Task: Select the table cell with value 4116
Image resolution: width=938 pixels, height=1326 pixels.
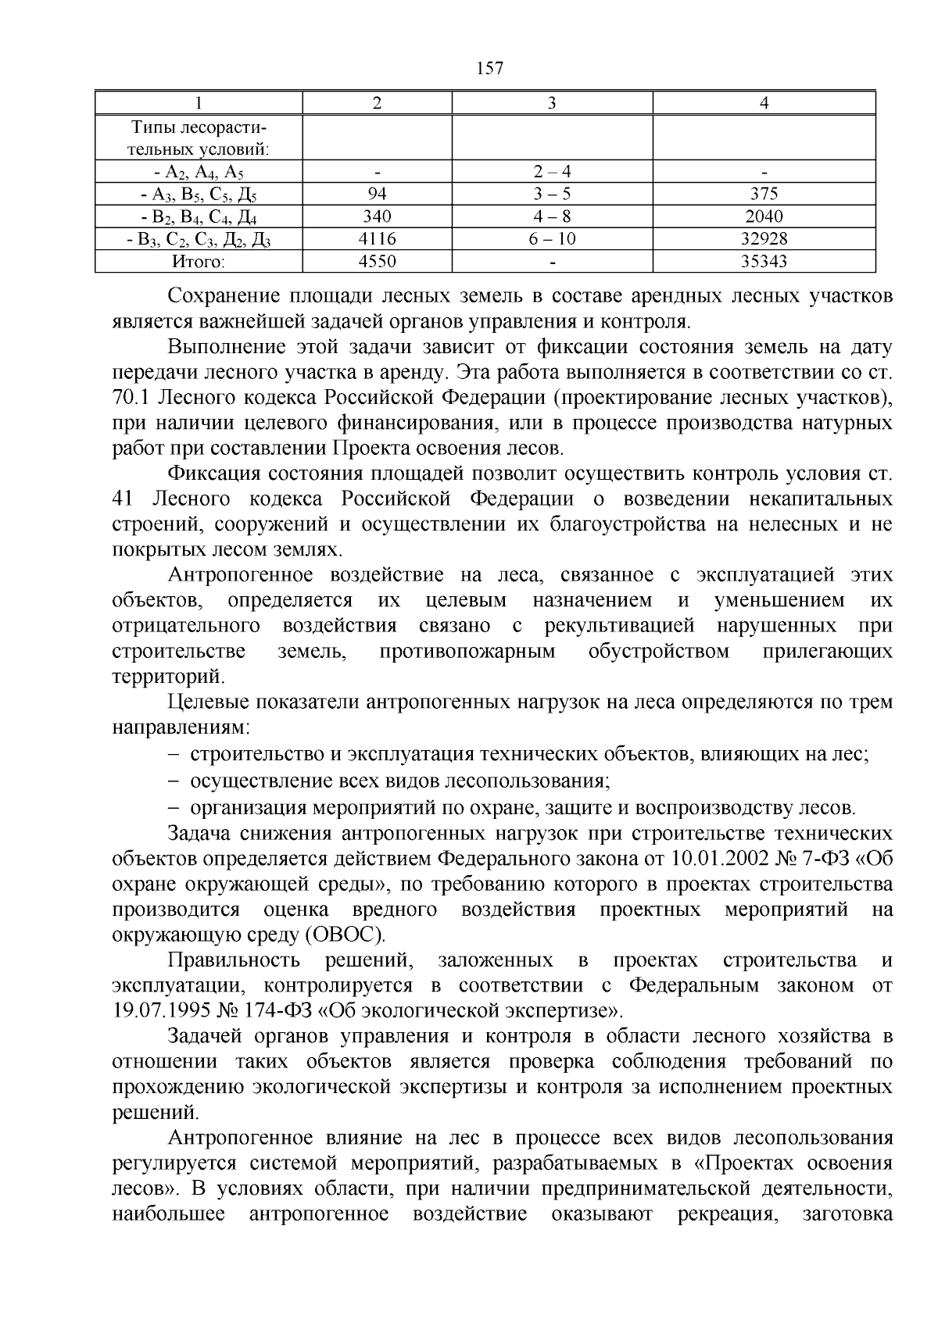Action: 377,239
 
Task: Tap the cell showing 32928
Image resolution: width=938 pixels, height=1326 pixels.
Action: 764,239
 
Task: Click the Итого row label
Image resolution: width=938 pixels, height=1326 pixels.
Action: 199,262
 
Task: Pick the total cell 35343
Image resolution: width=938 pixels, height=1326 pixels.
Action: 764,262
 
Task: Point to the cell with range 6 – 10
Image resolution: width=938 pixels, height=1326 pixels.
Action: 552,239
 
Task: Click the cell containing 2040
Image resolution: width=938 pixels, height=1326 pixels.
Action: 764,216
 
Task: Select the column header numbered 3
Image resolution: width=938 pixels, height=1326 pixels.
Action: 552,103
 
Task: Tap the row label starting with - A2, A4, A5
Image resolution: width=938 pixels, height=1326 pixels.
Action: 199,172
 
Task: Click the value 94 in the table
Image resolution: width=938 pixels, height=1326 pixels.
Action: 377,194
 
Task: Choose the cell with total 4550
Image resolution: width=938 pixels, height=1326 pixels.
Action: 377,262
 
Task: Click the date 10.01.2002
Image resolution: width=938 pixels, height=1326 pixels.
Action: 717,859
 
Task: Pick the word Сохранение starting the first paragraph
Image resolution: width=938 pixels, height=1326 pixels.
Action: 224,296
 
